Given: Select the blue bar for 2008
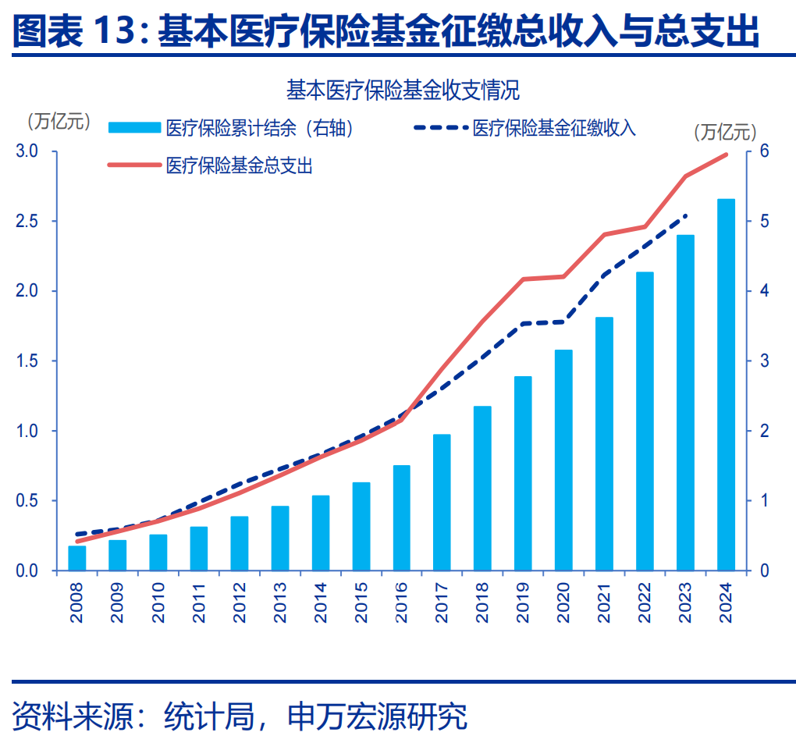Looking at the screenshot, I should (x=77, y=558).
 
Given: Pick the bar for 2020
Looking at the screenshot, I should (x=563, y=460).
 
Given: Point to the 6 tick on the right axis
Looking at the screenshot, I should (x=765, y=151).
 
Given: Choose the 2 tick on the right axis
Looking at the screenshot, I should (x=765, y=431).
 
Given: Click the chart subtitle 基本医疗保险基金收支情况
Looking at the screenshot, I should (x=403, y=91).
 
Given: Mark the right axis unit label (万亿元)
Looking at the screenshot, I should (x=726, y=133).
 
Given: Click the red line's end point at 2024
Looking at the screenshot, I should (x=727, y=155).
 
